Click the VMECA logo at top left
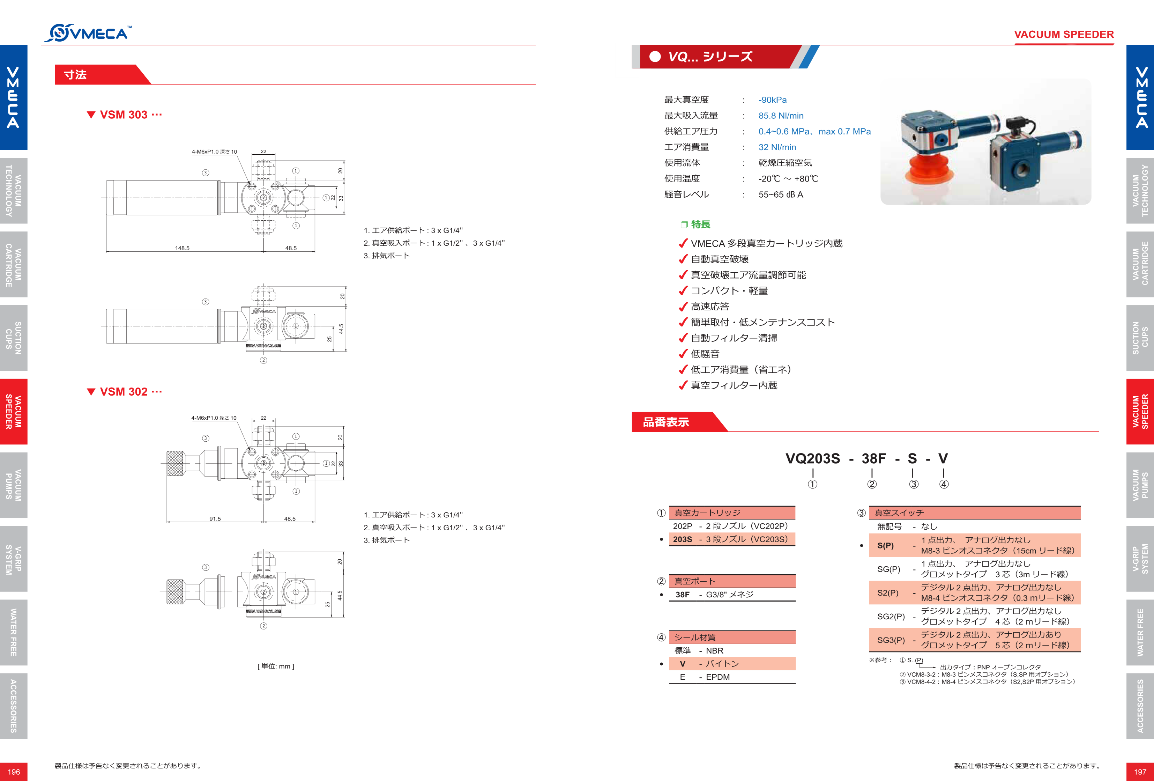coord(88,33)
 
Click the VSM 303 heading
coord(124,115)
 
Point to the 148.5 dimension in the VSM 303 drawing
coord(182,248)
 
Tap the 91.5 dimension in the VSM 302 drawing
coord(215,519)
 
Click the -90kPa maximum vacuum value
coord(772,100)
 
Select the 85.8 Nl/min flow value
coord(781,116)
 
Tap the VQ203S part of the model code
coord(812,458)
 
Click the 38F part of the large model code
coord(873,458)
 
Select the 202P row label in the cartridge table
coord(682,526)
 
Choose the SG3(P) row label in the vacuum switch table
coord(891,640)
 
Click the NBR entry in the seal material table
coord(715,651)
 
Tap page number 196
coord(14,772)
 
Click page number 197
coord(1140,772)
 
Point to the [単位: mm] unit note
coord(276,666)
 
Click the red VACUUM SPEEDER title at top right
coord(1064,34)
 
